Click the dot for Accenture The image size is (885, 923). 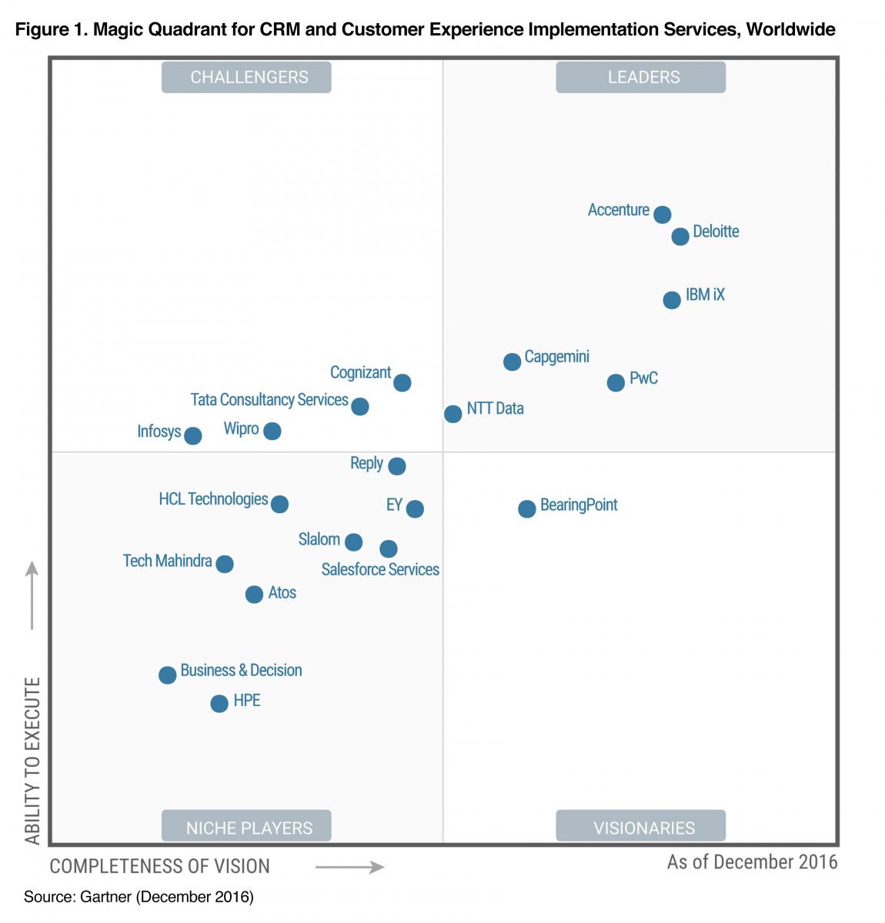click(x=662, y=215)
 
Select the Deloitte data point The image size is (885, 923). click(x=680, y=236)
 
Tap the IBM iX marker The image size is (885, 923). click(x=672, y=299)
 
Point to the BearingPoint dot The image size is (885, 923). click(x=526, y=508)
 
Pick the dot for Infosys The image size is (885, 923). click(x=192, y=435)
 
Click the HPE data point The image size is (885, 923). click(x=219, y=703)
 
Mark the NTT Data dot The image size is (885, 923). click(x=453, y=414)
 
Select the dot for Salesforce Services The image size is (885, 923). click(x=389, y=548)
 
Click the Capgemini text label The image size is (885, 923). click(x=557, y=357)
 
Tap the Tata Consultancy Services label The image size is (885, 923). click(x=269, y=400)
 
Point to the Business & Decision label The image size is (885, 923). click(x=241, y=670)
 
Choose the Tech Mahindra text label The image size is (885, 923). click(x=167, y=561)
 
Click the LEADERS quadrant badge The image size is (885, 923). click(x=640, y=77)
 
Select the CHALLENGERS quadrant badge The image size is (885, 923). click(x=246, y=77)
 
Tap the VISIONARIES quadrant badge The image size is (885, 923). click(x=640, y=828)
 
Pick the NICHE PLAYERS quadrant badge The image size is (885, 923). click(x=246, y=828)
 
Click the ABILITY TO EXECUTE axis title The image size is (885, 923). click(x=32, y=760)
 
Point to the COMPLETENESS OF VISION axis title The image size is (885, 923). click(x=160, y=866)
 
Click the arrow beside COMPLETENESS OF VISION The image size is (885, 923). click(x=349, y=868)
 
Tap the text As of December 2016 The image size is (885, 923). click(x=752, y=861)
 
